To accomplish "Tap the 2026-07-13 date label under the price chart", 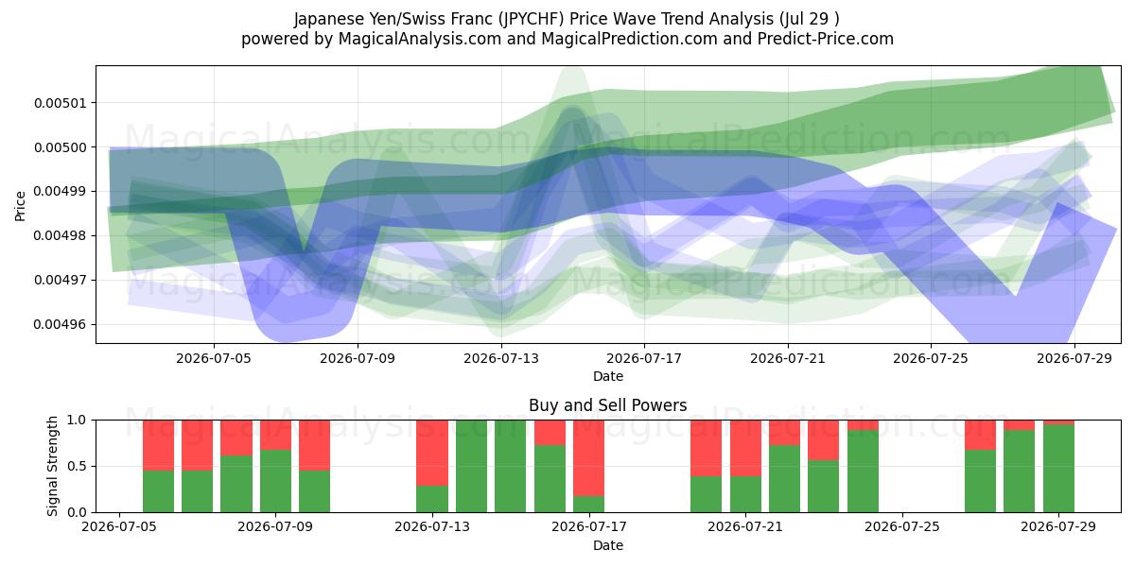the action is (x=501, y=358).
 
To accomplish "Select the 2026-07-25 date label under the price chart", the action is (x=931, y=358).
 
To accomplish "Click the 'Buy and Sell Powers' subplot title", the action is (x=608, y=405).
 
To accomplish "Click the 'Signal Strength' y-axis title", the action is (x=52, y=466).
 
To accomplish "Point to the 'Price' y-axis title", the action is (x=20, y=206).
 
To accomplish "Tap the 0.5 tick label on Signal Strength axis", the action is (x=77, y=466).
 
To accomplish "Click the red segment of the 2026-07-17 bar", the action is (x=588, y=458).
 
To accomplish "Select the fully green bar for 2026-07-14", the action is (x=471, y=466).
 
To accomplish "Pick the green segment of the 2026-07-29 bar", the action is (x=1058, y=469).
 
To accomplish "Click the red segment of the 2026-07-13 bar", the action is (x=432, y=453).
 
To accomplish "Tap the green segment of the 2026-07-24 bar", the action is (x=863, y=472).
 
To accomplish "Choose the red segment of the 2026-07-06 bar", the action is (x=159, y=445).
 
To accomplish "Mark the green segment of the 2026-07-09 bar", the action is (x=275, y=481).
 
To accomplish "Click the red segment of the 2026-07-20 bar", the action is (x=706, y=448).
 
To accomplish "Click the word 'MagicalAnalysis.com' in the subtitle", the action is (x=420, y=39).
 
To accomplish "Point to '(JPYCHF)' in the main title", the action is (x=531, y=19).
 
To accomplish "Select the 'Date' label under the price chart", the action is (x=608, y=376).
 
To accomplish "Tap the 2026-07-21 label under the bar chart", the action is (x=745, y=526).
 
